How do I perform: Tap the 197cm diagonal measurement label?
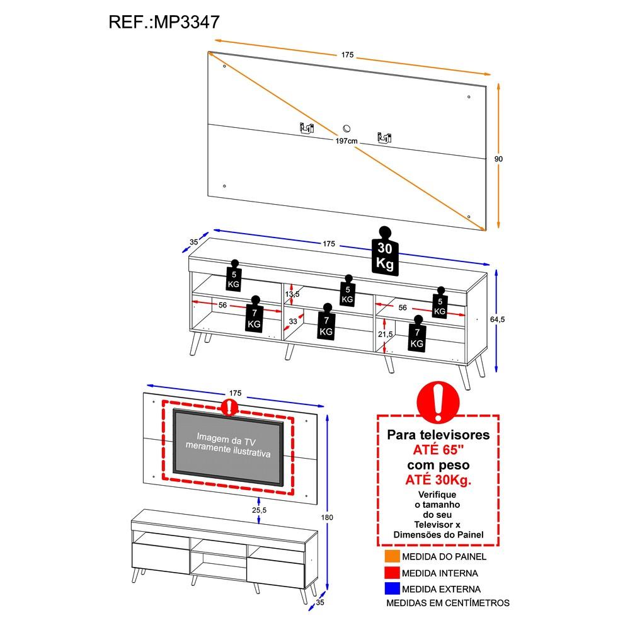[x=346, y=141]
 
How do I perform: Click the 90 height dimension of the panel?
[x=498, y=159]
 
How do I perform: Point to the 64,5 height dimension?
[x=498, y=319]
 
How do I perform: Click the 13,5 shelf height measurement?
[x=292, y=294]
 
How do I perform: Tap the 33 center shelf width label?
[x=293, y=322]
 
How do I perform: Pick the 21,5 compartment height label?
[x=386, y=334]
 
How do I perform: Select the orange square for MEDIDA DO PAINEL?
[x=392, y=557]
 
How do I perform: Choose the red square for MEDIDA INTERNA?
[x=392, y=573]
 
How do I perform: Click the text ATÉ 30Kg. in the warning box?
[x=438, y=481]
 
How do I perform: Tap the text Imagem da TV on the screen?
[x=230, y=437]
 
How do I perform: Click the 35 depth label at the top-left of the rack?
[x=194, y=242]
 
